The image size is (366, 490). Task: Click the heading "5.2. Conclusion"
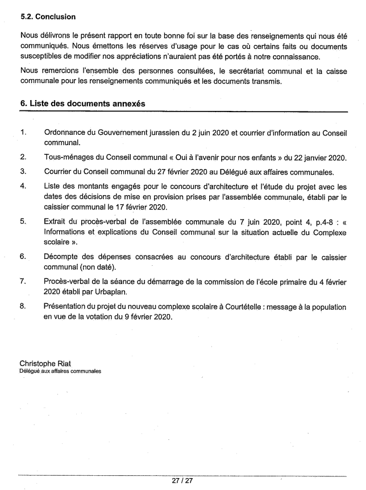[x=48, y=17]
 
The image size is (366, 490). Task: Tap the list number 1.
[x=23, y=133]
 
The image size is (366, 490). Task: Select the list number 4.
[x=23, y=186]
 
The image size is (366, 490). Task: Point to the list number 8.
[x=23, y=306]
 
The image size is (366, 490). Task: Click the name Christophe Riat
[x=50, y=363]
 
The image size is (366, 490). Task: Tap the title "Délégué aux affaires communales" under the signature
[x=60, y=371]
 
